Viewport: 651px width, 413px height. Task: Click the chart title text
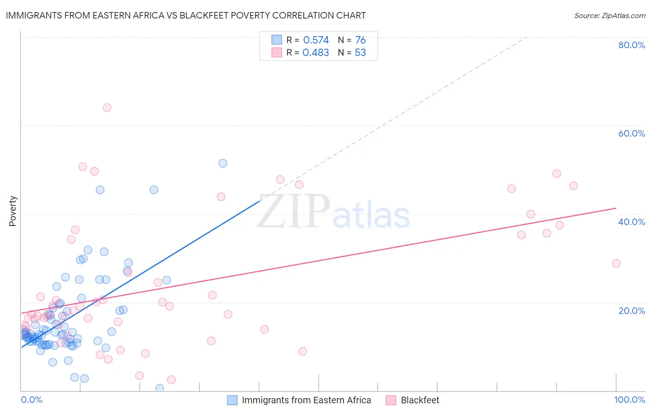point(186,15)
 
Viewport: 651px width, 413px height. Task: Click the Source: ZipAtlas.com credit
point(609,15)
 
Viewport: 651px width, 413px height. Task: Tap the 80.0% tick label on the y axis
point(632,45)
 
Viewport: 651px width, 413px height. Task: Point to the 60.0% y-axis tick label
point(632,133)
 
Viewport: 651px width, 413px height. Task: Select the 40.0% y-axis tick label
point(632,222)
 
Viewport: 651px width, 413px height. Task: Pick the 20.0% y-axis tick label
point(632,311)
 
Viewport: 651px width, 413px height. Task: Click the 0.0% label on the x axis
point(31,400)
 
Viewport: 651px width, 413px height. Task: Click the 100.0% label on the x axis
point(629,400)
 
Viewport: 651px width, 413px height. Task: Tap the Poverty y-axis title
point(13,211)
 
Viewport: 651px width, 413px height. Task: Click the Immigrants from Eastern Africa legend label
point(306,400)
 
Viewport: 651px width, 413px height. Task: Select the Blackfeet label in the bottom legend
point(419,400)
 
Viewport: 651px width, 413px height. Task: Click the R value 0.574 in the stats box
point(316,40)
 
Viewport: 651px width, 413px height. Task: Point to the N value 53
point(360,53)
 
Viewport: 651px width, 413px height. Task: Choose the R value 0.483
point(316,53)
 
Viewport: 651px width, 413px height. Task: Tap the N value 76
point(360,40)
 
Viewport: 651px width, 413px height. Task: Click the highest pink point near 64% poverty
point(107,107)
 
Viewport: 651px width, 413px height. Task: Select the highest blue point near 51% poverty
point(223,163)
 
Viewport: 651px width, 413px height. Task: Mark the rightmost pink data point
point(616,263)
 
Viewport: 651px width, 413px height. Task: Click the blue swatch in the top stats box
point(276,40)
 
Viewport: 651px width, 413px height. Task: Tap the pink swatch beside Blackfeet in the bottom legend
point(391,400)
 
